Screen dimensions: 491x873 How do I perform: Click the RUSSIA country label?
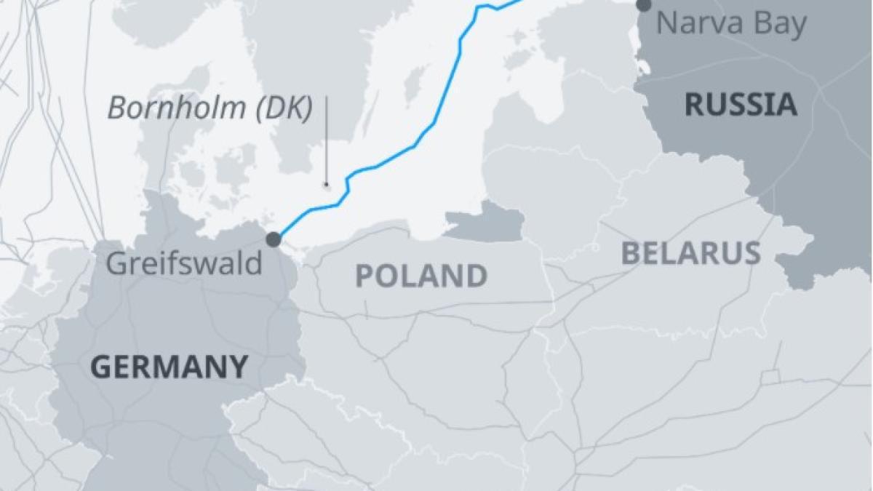(741, 105)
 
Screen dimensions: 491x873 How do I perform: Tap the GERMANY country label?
(169, 367)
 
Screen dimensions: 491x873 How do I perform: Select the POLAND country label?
(420, 276)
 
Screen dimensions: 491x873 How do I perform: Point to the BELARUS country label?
(690, 253)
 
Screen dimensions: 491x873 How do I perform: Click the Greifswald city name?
(184, 263)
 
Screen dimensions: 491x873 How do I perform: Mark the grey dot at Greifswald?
(274, 239)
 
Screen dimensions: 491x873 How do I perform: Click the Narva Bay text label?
(731, 24)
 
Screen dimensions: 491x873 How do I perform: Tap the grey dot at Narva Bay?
(644, 6)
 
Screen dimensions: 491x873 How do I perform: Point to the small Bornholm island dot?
(326, 185)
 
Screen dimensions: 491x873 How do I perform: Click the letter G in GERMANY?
(100, 367)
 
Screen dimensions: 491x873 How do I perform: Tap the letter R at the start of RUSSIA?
(694, 105)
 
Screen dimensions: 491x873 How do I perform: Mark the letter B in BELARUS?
(631, 253)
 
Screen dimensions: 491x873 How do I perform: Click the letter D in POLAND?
(477, 276)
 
